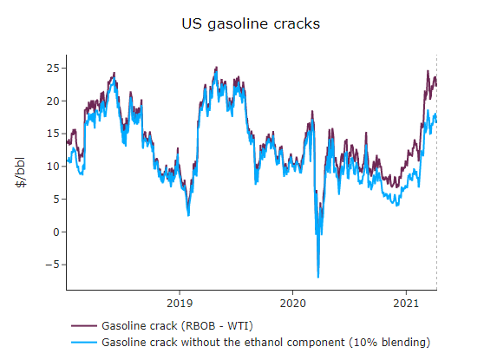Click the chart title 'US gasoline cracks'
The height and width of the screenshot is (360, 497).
pos(250,23)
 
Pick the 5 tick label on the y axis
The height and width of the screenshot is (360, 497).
pos(56,199)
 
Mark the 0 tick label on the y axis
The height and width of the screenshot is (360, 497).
pos(56,232)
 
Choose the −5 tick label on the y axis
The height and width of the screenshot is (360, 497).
pos(52,265)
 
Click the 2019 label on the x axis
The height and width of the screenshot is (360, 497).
pos(179,304)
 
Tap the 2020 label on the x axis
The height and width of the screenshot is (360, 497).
pos(292,304)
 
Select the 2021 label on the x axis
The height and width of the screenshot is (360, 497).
pos(406,304)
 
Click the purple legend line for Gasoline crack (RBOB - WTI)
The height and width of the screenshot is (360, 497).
pos(84,327)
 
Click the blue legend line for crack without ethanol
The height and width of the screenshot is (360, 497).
pos(84,343)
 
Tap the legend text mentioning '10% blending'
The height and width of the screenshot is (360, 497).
pos(265,343)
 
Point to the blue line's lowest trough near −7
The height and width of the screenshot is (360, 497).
pos(318,277)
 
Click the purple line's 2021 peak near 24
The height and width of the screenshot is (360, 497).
pos(428,72)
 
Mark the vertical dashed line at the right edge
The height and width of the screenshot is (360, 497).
pos(436,173)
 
